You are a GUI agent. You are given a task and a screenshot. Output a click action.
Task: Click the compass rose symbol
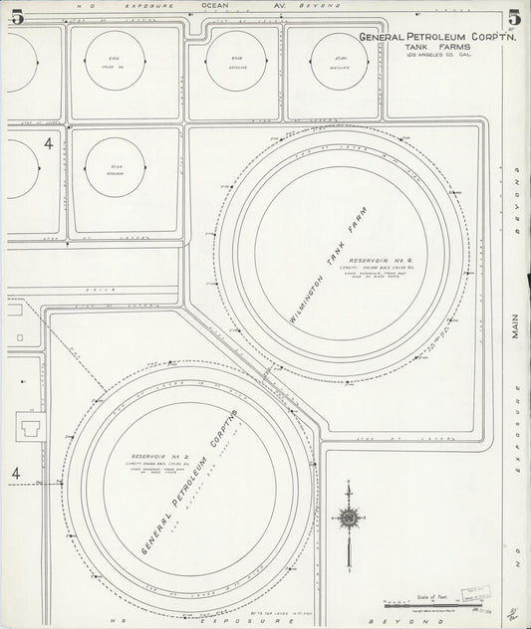[349, 518]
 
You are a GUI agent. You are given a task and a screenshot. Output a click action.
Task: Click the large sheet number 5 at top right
[514, 19]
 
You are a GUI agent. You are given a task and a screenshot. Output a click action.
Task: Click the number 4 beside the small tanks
[48, 144]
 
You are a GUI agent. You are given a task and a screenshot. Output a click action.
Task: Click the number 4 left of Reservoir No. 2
[16, 474]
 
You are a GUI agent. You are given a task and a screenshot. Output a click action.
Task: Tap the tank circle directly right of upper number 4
[116, 167]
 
